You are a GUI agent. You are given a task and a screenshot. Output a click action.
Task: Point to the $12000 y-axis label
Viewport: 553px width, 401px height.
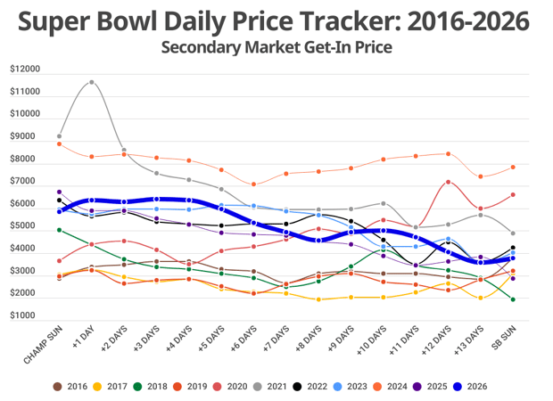(x=25, y=70)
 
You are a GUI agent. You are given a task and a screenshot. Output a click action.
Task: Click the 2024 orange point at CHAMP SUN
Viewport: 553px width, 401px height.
(x=60, y=143)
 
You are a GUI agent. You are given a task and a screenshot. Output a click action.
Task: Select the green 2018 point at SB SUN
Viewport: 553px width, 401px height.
(x=513, y=299)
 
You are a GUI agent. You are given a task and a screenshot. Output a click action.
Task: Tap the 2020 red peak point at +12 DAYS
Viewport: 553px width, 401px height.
(x=449, y=183)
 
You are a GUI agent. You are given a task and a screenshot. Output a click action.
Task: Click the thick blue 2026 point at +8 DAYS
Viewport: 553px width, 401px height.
(x=318, y=240)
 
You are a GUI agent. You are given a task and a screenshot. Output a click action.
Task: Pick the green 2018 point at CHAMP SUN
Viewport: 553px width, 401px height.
(x=60, y=230)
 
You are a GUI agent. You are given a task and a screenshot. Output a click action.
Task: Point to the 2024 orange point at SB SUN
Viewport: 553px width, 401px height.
(x=513, y=167)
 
